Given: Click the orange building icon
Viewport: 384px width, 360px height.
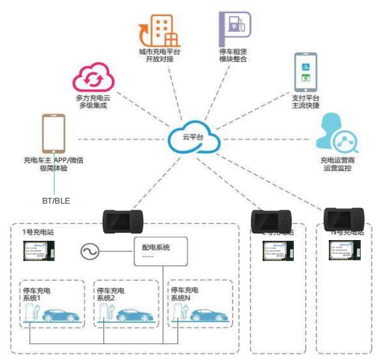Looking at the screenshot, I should click(x=157, y=29).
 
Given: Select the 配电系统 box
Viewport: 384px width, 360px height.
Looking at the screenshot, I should click(x=160, y=252).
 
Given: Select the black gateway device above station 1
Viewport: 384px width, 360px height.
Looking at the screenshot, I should click(x=124, y=220).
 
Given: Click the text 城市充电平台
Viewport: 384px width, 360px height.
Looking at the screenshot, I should click(x=159, y=52).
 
